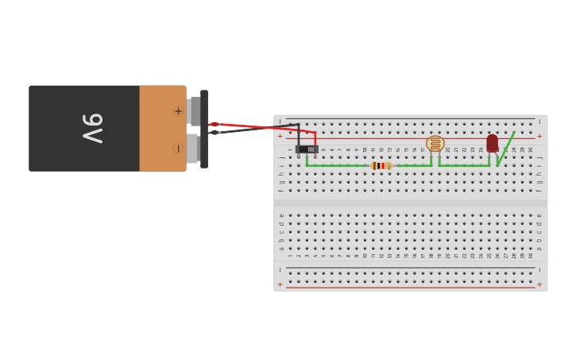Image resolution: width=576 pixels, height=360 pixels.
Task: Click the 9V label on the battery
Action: tap(93, 128)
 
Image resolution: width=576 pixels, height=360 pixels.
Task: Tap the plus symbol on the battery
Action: tap(178, 111)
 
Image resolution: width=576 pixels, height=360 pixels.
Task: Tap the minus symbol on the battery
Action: tap(178, 148)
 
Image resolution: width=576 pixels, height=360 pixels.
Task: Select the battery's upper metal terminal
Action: tap(195, 110)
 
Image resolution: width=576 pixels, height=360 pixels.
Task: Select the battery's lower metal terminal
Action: tap(192, 149)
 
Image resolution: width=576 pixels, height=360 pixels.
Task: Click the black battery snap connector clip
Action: tap(204, 129)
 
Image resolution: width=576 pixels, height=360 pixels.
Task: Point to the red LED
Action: tap(493, 143)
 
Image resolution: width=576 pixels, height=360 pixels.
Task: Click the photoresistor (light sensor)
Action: tap(435, 144)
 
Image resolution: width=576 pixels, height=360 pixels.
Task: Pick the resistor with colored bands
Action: tap(381, 166)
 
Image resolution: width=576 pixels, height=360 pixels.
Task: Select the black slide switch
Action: tap(307, 149)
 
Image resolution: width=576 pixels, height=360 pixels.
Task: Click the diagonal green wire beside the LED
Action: tap(506, 149)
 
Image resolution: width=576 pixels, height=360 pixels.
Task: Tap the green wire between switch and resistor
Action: tap(338, 166)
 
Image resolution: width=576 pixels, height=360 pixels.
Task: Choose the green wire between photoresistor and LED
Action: tap(464, 166)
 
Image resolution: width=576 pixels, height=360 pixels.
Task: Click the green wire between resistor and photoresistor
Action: tap(413, 166)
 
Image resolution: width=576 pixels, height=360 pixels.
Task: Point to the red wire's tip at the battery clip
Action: tap(215, 124)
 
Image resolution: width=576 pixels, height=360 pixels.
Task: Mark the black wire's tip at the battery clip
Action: tap(215, 132)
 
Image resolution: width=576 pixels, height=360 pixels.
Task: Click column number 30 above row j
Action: tap(531, 149)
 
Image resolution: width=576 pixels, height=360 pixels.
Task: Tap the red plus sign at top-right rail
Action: tap(539, 136)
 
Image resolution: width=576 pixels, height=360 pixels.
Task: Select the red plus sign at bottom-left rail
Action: tap(280, 284)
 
